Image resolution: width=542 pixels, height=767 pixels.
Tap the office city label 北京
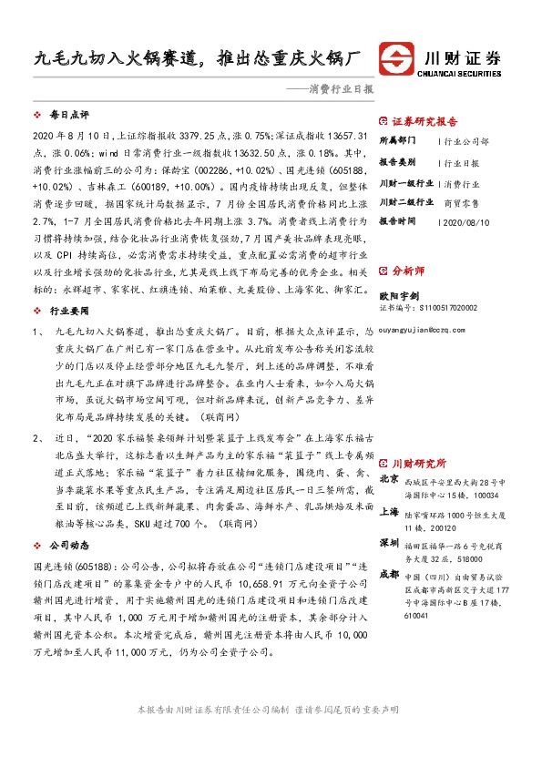pos(389,479)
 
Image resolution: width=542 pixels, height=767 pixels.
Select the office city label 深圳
pos(389,543)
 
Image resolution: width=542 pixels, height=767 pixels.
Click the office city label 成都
pos(389,575)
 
